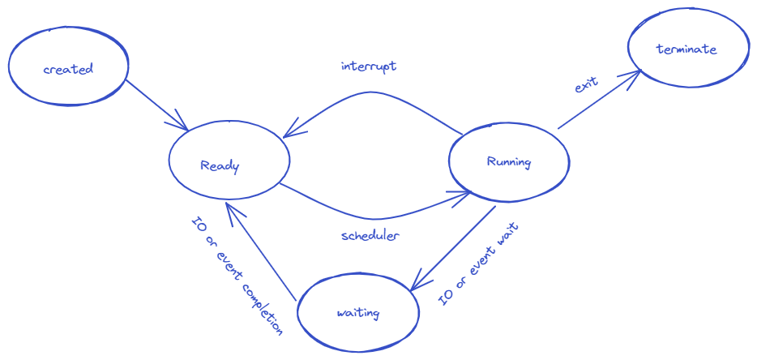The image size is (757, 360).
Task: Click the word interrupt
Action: [369, 66]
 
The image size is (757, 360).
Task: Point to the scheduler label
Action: [370, 236]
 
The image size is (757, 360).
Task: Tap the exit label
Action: [586, 84]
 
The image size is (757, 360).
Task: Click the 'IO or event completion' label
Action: [236, 276]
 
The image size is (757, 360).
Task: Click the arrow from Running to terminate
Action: [598, 101]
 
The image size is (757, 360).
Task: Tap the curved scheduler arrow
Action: [373, 217]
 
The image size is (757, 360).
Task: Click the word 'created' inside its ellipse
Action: [68, 69]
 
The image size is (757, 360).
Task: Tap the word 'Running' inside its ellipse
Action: [509, 162]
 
